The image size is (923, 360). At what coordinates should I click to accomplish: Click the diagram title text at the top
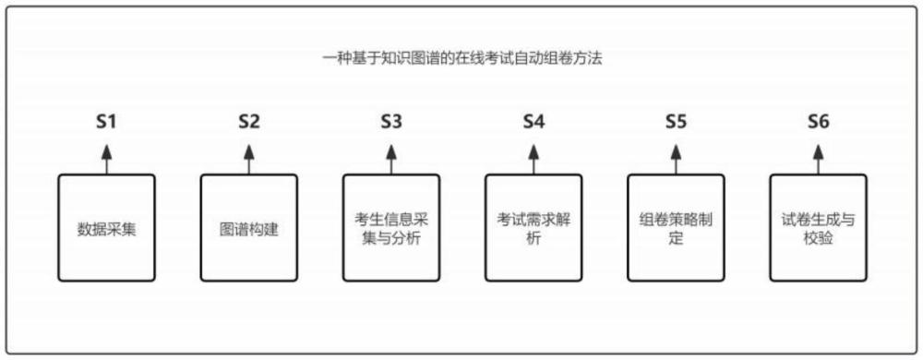[x=462, y=59]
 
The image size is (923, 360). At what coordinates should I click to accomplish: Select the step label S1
[x=106, y=122]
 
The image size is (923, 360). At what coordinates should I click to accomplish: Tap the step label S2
[x=249, y=122]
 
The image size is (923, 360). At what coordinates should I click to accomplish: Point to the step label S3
[x=391, y=122]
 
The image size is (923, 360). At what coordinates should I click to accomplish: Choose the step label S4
[x=533, y=122]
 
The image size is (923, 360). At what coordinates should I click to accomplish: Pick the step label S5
[x=677, y=122]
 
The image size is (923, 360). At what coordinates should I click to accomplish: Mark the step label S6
[x=818, y=122]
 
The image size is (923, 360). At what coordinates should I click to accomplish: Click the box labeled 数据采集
[x=106, y=228]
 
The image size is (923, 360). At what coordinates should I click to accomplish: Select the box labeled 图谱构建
[x=249, y=228]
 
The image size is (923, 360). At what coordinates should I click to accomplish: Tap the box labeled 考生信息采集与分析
[x=391, y=228]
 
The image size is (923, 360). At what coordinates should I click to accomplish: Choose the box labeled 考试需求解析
[x=533, y=228]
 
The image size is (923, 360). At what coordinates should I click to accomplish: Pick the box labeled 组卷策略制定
[x=677, y=228]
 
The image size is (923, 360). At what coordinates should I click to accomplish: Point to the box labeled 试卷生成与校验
[x=818, y=228]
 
